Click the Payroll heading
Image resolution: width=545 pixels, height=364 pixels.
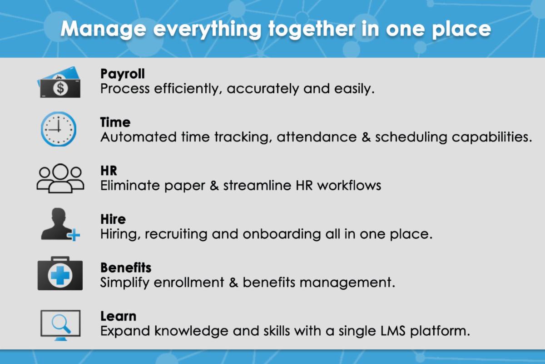[x=122, y=74]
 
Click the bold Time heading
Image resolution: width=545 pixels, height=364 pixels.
[x=115, y=122]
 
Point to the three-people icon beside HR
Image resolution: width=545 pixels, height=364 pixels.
[x=60, y=178]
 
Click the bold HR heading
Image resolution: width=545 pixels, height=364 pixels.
[x=109, y=171]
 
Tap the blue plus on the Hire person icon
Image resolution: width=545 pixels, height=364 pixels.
[x=73, y=235]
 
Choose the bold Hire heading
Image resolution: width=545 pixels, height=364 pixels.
[x=113, y=219]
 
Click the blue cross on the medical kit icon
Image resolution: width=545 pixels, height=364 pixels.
[x=60, y=275]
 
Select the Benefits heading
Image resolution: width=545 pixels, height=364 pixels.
[x=126, y=268]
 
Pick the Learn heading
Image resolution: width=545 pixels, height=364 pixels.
[x=118, y=316]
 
